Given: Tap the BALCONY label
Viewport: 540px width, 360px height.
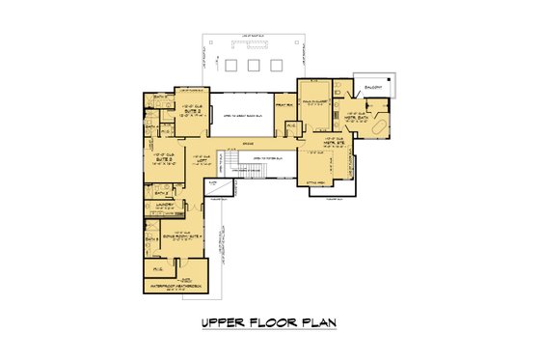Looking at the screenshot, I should [x=372, y=83].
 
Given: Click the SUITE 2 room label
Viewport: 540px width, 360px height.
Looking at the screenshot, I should [x=191, y=113].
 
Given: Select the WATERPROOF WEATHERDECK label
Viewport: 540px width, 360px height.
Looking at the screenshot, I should [x=173, y=287].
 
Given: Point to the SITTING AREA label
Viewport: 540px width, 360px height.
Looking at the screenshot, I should [x=317, y=180].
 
